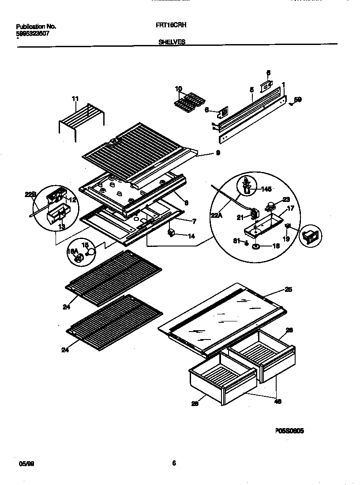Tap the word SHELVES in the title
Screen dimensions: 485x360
tap(171, 42)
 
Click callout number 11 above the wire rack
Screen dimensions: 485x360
tap(75, 99)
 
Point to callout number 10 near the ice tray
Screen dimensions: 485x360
tap(178, 89)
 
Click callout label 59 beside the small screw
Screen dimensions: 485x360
tap(298, 100)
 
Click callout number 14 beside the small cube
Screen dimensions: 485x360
tap(191, 236)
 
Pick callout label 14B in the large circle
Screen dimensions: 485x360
tap(266, 189)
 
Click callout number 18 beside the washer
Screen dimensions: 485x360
tap(276, 246)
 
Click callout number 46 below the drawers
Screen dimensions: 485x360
tap(277, 401)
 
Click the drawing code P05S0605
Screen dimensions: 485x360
tap(289, 431)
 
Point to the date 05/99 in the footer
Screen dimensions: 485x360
tap(26, 464)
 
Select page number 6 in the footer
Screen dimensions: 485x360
tap(174, 463)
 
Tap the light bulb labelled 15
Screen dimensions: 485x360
tap(91, 252)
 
